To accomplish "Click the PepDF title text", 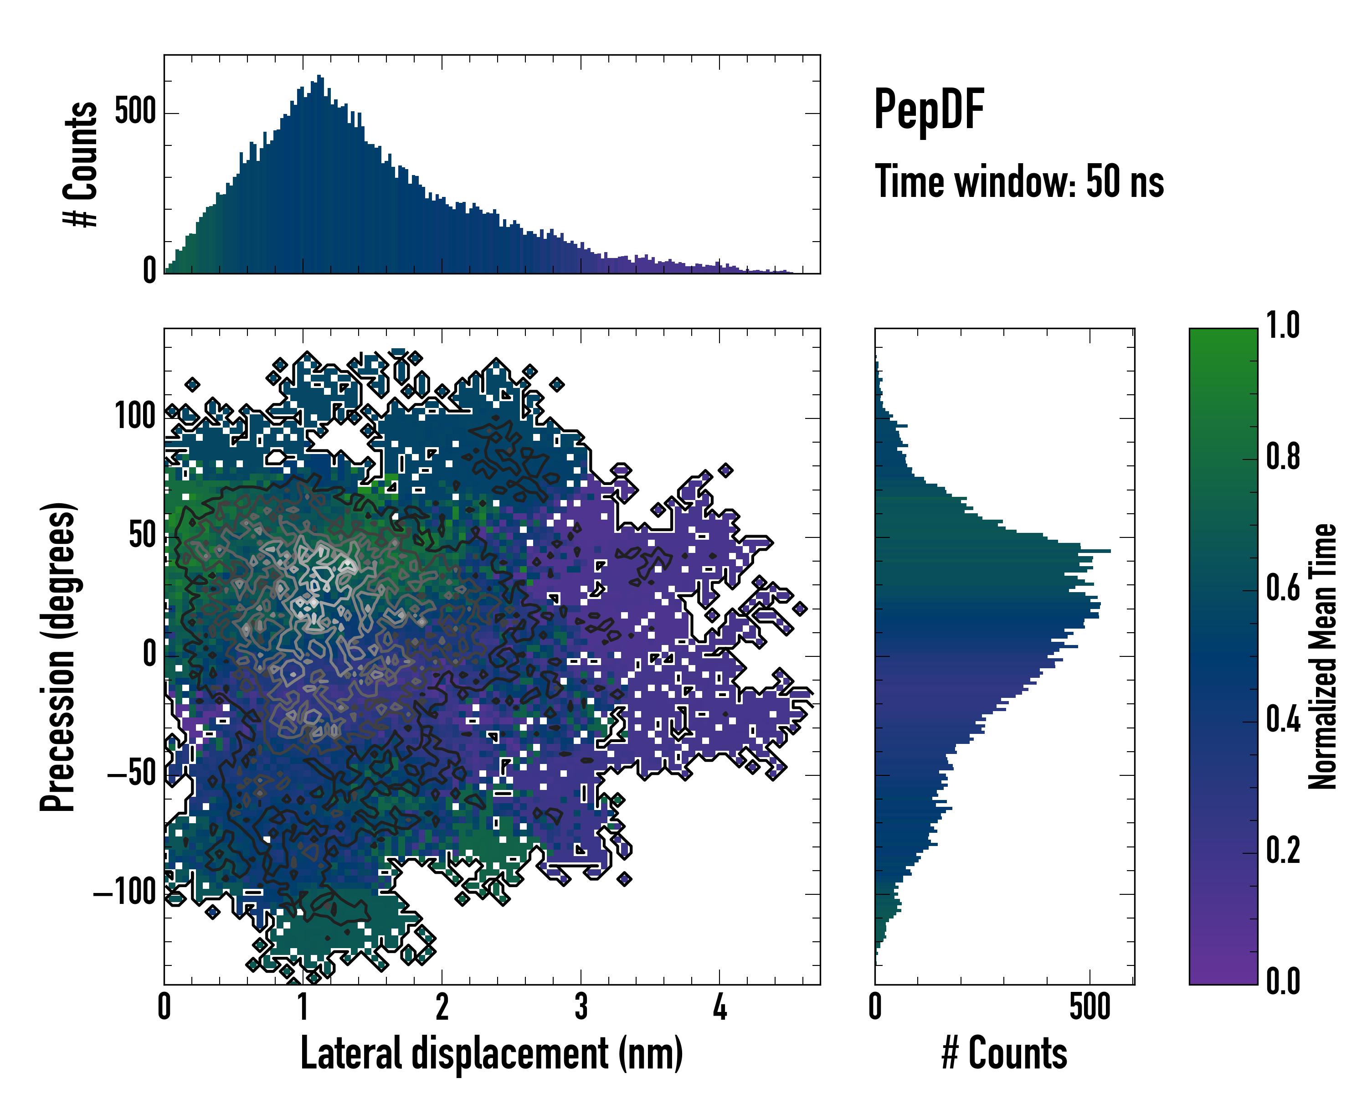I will (x=928, y=110).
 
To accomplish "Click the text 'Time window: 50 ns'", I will (x=1019, y=182).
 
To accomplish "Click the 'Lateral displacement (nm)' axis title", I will (x=491, y=1053).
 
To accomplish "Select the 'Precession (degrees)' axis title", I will (x=58, y=656).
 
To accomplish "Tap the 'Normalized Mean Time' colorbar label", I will (x=1323, y=656).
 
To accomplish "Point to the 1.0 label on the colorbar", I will (x=1282, y=325).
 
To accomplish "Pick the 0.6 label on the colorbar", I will (x=1282, y=588).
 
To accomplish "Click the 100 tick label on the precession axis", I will (x=134, y=417).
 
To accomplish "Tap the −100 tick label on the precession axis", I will (x=125, y=893).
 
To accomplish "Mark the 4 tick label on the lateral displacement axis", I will (x=719, y=1007).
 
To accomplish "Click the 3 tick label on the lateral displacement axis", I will (x=581, y=1007).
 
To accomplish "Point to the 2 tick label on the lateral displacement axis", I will (x=442, y=1007).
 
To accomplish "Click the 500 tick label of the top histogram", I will (x=134, y=112).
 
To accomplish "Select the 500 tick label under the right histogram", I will (x=1089, y=1007).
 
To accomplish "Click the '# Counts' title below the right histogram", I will (x=1004, y=1053).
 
